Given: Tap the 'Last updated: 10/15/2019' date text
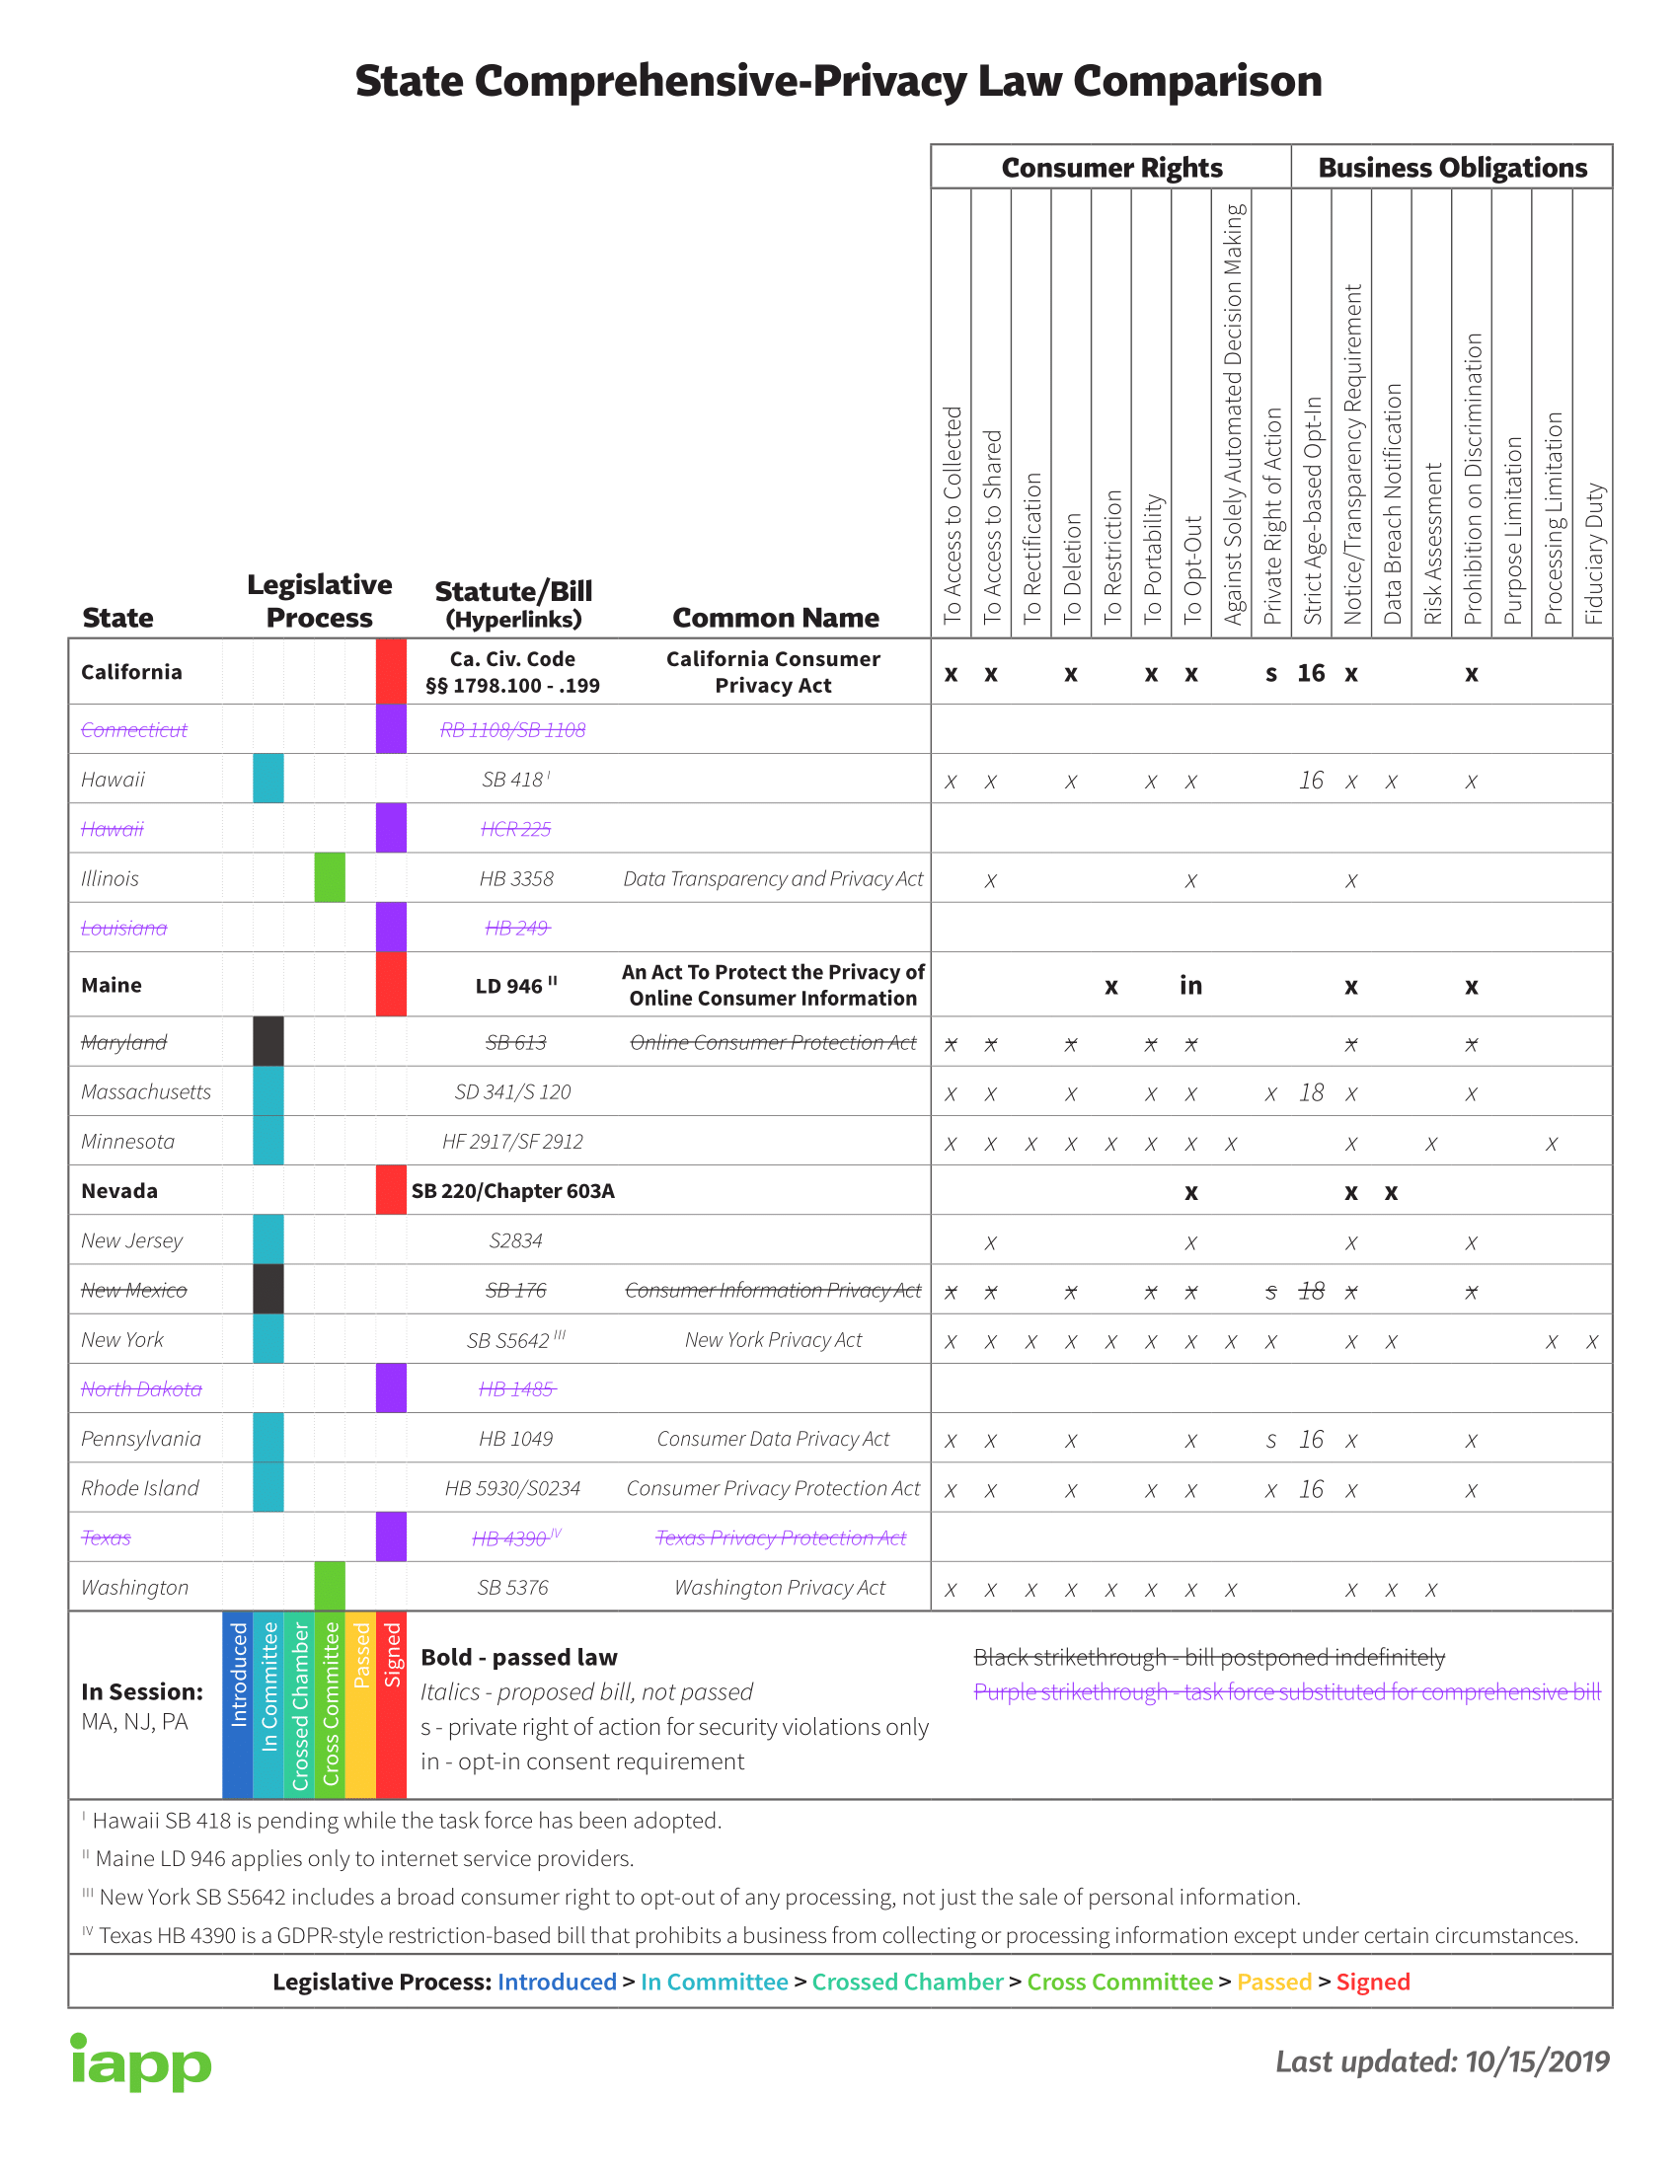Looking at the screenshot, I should point(1441,2061).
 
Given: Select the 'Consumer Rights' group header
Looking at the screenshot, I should point(1110,167).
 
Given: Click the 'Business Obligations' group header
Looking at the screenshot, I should point(1451,167).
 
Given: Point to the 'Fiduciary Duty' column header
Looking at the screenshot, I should point(1593,553).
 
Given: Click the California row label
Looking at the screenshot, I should point(131,672).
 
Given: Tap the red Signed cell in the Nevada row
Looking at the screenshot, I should point(391,1190).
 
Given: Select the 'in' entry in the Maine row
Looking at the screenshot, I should point(1190,985).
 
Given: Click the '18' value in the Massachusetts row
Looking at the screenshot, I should point(1311,1092).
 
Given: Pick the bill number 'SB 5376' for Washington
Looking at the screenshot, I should point(512,1588).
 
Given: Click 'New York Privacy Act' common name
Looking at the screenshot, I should point(773,1340).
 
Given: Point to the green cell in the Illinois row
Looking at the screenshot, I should point(329,877).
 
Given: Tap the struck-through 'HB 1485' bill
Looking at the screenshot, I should point(516,1388).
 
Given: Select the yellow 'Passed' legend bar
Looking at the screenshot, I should point(361,1705).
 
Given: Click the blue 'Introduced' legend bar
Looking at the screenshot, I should point(238,1705).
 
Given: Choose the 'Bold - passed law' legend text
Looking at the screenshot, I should point(519,1657).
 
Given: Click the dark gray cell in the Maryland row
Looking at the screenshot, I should point(268,1041).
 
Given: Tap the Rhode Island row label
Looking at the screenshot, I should point(140,1488).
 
